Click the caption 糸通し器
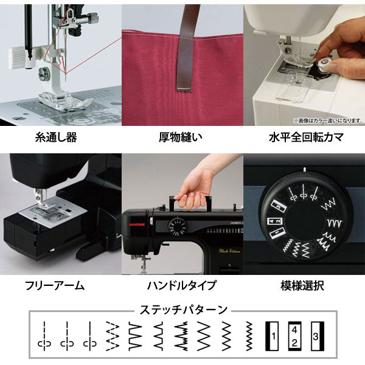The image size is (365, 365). (x=57, y=137)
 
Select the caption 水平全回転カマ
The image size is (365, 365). (x=305, y=137)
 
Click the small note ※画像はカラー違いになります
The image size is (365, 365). (x=327, y=120)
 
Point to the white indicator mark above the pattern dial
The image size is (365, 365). (x=303, y=168)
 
